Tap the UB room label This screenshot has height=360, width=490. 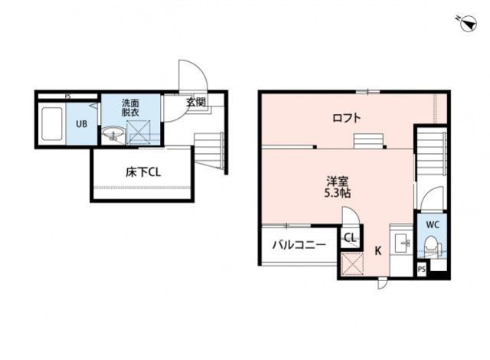coord(80,123)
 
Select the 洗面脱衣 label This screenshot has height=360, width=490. coord(130,108)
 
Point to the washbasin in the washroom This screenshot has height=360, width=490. coord(113,136)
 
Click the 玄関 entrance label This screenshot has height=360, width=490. coord(196,102)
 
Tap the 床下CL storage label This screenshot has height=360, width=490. coord(142,172)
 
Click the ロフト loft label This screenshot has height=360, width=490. coord(346,118)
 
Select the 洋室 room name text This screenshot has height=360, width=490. coord(338,182)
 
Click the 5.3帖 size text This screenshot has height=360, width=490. coord(338,194)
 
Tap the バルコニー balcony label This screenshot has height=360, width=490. coord(299,245)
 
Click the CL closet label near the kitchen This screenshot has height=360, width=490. coord(350,237)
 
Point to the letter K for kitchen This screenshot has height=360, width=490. coord(377,250)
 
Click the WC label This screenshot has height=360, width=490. coord(432,225)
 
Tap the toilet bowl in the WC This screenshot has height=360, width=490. coord(433,246)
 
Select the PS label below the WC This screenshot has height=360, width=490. coord(421,270)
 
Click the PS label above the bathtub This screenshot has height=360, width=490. coord(67,97)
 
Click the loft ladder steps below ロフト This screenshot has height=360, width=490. coord(368,141)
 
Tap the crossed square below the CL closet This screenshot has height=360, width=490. coord(352,264)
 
